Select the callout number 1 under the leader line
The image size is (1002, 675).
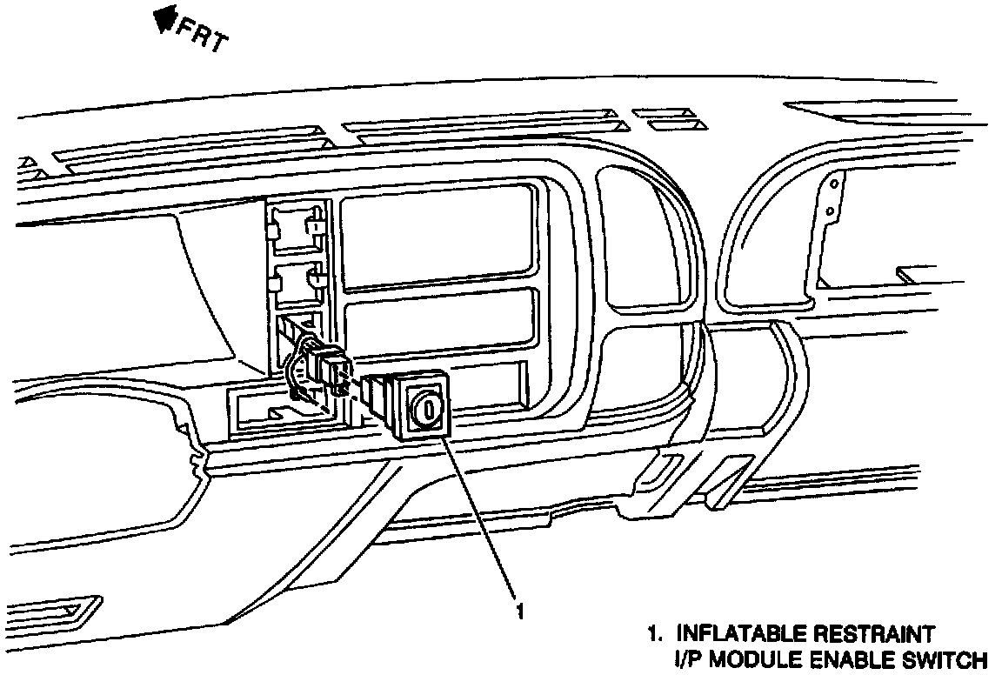519,612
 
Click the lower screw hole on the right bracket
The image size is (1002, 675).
832,211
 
